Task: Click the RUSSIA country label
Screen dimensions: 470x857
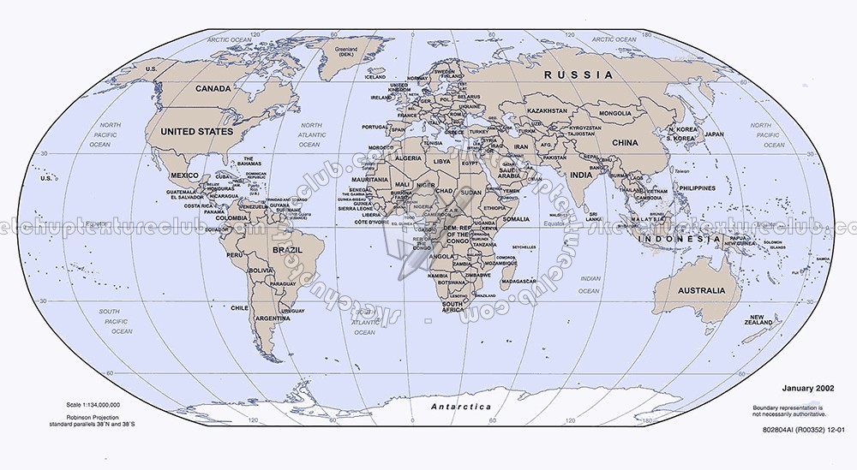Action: (579, 75)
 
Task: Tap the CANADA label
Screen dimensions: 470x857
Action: (213, 89)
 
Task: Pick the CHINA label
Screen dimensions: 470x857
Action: (626, 142)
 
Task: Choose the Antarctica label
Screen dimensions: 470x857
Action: (461, 407)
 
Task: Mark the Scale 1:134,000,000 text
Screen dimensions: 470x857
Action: (93, 404)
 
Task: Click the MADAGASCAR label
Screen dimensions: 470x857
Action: (518, 281)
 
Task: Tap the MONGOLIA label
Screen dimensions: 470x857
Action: (615, 114)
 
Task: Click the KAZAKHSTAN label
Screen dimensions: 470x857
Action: (547, 111)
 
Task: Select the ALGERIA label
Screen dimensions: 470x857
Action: (407, 158)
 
